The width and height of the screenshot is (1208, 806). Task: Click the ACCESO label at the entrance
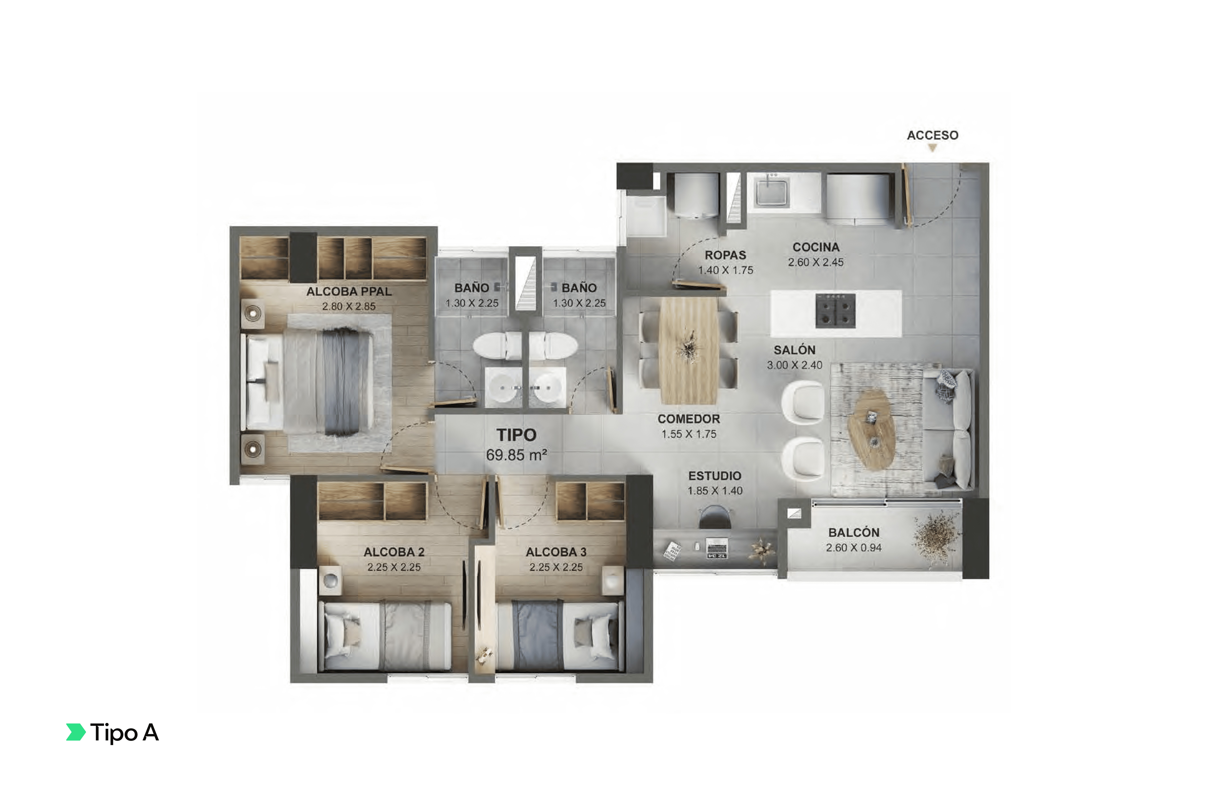point(932,135)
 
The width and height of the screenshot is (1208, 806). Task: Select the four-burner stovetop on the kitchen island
point(835,310)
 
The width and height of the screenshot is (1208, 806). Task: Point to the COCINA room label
point(816,247)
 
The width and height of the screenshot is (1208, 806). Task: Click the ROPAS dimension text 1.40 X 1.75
point(725,270)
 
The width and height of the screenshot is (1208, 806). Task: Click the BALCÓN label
point(854,532)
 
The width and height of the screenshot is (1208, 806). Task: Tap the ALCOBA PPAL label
point(349,291)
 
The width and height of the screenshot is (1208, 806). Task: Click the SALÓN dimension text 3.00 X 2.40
point(795,365)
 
